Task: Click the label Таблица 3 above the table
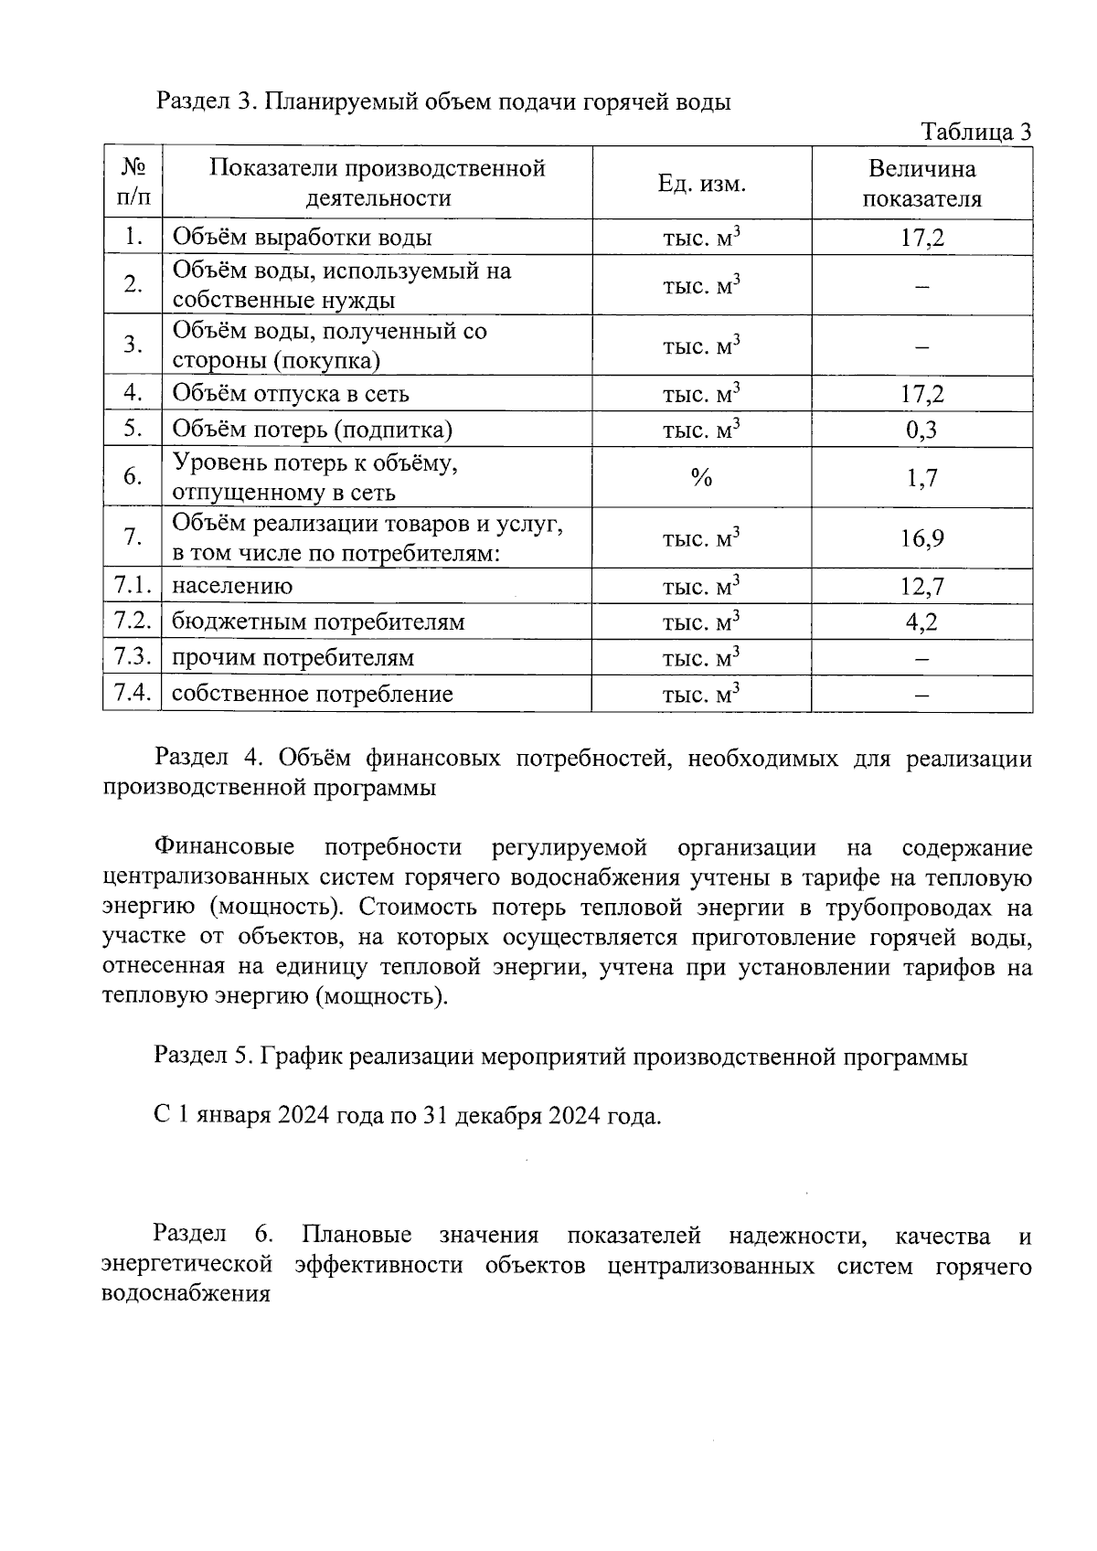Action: [976, 132]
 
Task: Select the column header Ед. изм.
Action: [701, 184]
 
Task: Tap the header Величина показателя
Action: [921, 184]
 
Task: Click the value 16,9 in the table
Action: [921, 538]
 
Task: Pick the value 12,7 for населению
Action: [921, 587]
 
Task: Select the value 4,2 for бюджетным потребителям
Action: [921, 622]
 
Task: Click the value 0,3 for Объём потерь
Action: [921, 430]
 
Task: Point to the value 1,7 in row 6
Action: [921, 478]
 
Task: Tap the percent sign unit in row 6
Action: [701, 477]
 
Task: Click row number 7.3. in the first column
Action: [133, 657]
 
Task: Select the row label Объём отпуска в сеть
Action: [291, 394]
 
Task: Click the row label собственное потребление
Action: [312, 694]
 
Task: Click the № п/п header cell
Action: [133, 183]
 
